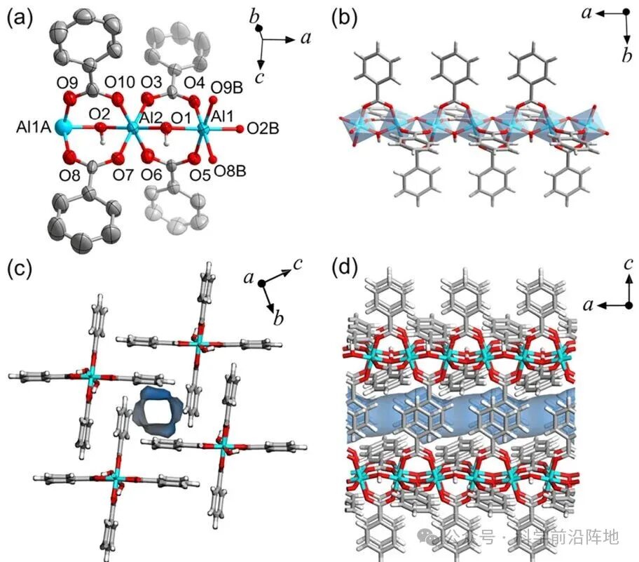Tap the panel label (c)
(19, 267)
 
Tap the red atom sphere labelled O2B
(239, 128)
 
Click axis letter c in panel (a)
(259, 77)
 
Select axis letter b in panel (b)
(627, 56)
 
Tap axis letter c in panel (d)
(628, 265)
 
